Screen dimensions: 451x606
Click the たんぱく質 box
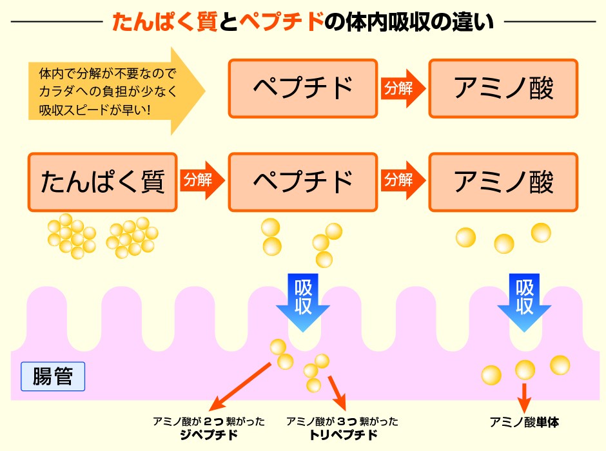pos(102,182)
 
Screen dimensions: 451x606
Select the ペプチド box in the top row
pos(302,88)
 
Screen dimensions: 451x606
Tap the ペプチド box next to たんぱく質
pos(302,182)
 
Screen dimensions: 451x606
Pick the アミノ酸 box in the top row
pos(503,88)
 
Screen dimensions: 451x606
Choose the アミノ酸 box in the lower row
pos(503,182)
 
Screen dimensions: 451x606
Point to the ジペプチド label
pos(208,435)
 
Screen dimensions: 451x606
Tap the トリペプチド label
pos(342,435)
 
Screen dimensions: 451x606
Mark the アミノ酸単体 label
pos(524,423)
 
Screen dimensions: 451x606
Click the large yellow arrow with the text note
pos(116,91)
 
